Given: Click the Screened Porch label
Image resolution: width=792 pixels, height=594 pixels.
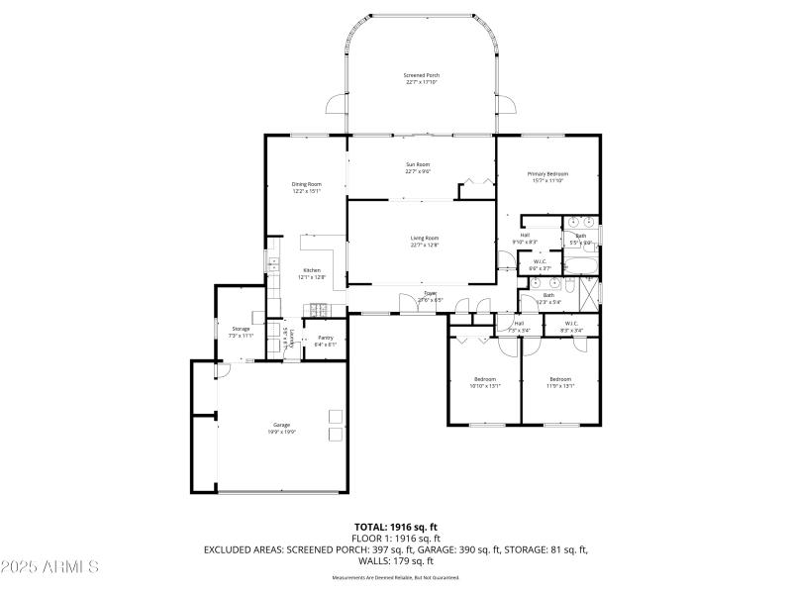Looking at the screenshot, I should [422, 78].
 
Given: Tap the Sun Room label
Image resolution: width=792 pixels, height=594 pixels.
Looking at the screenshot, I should [418, 167].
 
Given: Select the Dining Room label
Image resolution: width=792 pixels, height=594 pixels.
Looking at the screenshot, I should [306, 187].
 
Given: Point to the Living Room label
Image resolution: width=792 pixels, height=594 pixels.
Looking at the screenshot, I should [425, 241].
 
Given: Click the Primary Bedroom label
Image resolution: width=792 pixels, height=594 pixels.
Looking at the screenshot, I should [547, 177].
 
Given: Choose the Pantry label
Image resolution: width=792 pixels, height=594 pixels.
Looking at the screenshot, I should [325, 342].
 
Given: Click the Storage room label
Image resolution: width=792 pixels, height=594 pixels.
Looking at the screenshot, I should [242, 332].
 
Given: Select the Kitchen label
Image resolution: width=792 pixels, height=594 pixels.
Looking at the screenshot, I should [312, 274].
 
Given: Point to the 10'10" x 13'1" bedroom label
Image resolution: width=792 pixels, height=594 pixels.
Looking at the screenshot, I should [485, 382].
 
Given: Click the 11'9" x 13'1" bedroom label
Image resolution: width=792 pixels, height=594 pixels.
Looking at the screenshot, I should [560, 382].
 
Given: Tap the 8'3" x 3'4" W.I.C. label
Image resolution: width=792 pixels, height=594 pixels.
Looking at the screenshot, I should [572, 326].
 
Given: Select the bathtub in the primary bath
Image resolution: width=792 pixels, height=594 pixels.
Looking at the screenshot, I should [576, 264].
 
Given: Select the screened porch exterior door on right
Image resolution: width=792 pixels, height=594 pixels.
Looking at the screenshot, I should [506, 105].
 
